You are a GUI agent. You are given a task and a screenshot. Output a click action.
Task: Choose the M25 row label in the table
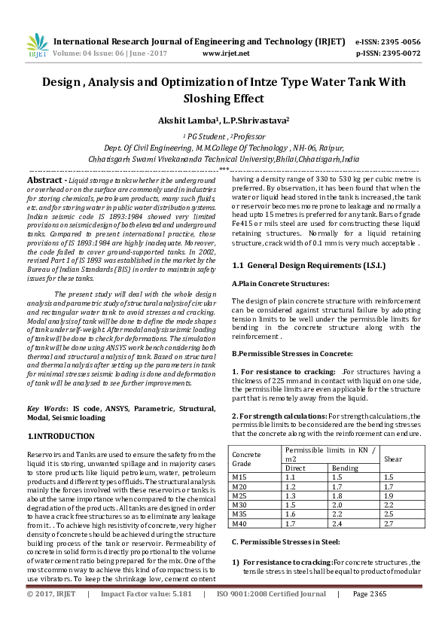pos(239,495)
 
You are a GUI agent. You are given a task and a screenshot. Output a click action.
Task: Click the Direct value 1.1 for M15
pos(291,477)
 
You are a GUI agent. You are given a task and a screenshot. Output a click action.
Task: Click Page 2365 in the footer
pos(369,615)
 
